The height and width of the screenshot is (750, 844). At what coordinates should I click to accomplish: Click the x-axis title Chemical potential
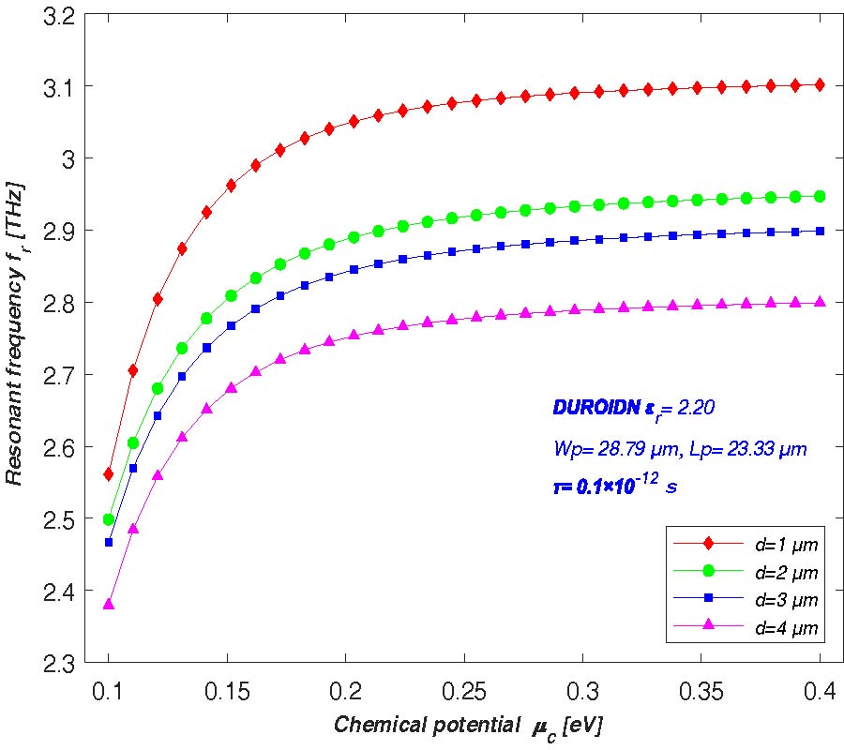(x=473, y=726)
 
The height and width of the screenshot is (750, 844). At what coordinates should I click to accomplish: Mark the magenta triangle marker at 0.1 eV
(x=109, y=604)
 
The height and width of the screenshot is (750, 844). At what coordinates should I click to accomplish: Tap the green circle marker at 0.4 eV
(x=820, y=196)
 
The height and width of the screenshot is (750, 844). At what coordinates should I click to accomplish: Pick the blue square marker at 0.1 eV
(x=109, y=542)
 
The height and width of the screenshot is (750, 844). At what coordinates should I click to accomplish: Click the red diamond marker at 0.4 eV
(x=820, y=84)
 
